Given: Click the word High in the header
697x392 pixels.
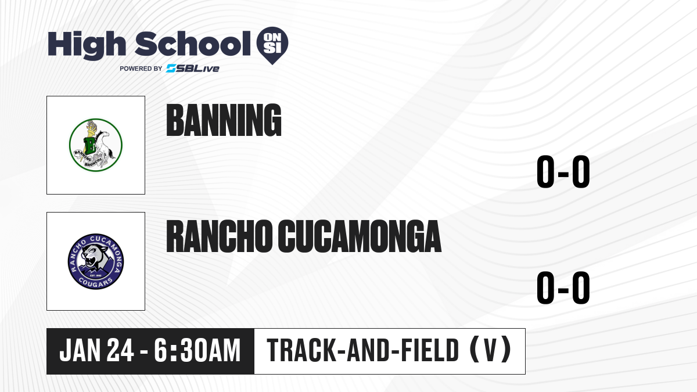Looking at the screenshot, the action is click(87, 45).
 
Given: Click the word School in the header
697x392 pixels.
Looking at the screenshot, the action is click(193, 44).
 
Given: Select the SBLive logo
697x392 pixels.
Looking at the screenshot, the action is click(193, 69).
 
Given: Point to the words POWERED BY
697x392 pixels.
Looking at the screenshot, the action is click(141, 69).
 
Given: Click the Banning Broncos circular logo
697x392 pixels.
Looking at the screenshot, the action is click(95, 145).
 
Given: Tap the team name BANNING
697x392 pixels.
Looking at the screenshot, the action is click(224, 120).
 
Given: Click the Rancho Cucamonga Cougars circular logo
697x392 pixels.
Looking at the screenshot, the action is click(95, 261).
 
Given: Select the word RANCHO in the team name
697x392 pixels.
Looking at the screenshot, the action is click(220, 236).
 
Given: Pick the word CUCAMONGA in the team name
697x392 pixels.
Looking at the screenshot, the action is click(360, 236).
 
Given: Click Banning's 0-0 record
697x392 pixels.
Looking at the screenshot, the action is click(563, 172).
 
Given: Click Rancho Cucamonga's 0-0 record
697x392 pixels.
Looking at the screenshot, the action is click(563, 288).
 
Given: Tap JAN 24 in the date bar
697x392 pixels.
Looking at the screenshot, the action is click(97, 350).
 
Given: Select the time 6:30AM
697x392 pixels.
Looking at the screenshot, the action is click(197, 350).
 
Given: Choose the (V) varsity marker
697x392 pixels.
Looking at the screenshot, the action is click(490, 350).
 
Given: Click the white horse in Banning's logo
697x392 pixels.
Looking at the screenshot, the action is click(103, 148).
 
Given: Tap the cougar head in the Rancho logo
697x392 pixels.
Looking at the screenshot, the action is click(93, 256).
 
